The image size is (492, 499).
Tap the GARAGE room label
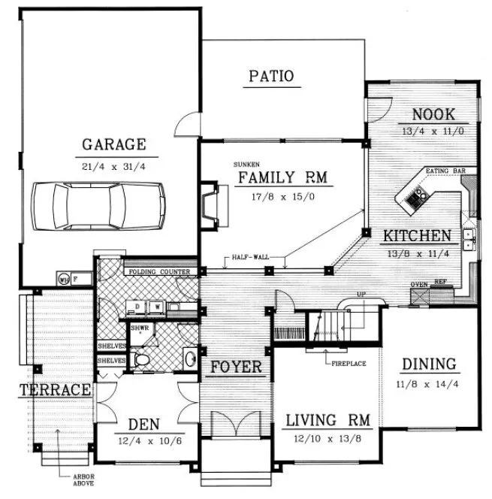pos(114,144)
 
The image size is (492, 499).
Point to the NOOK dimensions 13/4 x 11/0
pos(433,130)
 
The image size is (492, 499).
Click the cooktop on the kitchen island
pos(415,198)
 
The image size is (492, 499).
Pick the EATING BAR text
pos(446,171)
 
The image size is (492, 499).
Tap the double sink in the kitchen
pos(469,239)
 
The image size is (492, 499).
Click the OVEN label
pos(419,284)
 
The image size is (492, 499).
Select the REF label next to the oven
pos(439,284)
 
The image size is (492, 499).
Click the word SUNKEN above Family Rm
pos(245,163)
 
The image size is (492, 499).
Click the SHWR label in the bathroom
pos(138,328)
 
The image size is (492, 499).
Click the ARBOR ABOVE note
pos(83,482)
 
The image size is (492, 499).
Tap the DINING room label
pos(429,364)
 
